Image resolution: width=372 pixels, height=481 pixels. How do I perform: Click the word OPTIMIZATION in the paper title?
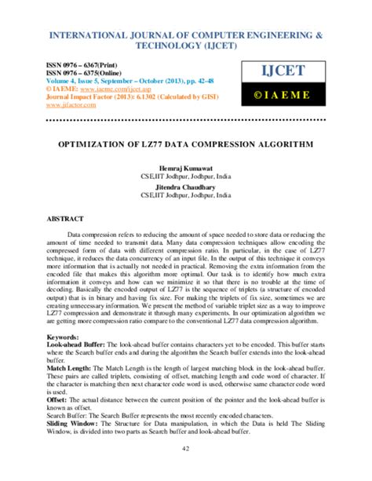pyautogui.click(x=104, y=144)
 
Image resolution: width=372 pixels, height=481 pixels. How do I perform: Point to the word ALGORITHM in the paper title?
pyautogui.click(x=284, y=144)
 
